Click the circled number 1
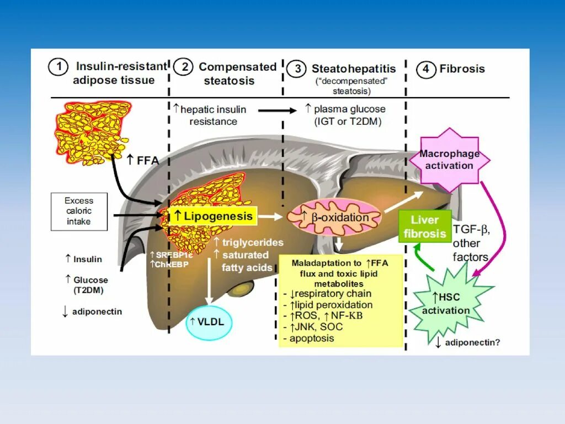[58, 68]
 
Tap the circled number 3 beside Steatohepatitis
[297, 69]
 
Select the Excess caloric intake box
[78, 211]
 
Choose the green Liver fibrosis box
[424, 227]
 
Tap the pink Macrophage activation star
[449, 160]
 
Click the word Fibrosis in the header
[462, 69]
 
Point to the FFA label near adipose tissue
[143, 160]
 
